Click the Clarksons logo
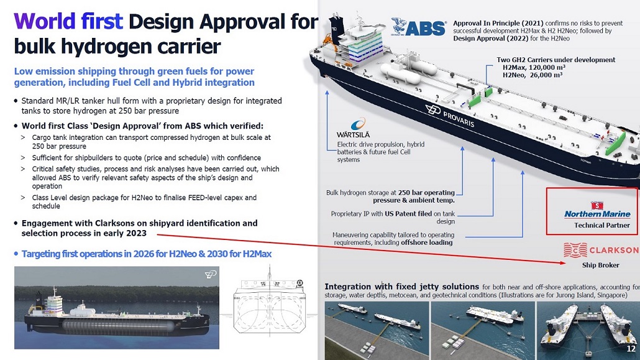tap(600, 250)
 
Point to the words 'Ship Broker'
tap(600, 265)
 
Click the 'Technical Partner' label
tap(601, 225)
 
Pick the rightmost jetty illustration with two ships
tap(587, 322)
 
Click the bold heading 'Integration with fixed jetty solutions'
tap(401, 287)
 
